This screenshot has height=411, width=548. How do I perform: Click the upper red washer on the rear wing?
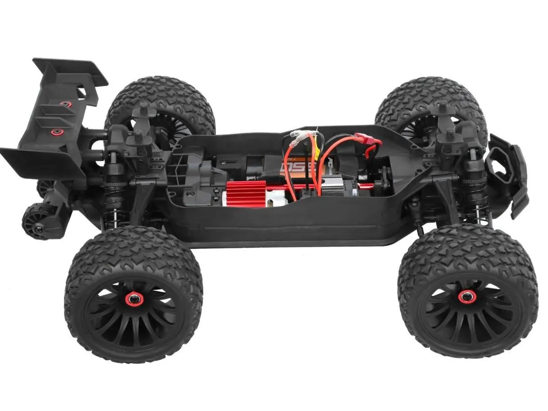(x=66, y=104)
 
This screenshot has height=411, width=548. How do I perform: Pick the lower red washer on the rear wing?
(x=55, y=132)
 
